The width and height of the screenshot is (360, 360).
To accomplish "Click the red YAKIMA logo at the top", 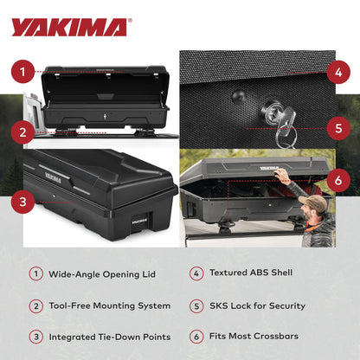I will tap(69, 27).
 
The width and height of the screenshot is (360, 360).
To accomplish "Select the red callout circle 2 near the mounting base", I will tap(26, 132).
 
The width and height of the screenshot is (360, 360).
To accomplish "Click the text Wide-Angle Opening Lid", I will tap(103, 273).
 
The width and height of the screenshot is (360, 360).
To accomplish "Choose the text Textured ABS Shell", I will tap(252, 273).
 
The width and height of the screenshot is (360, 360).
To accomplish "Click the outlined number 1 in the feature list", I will tap(36, 273).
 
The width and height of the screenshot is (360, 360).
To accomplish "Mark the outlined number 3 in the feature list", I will tap(36, 337).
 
